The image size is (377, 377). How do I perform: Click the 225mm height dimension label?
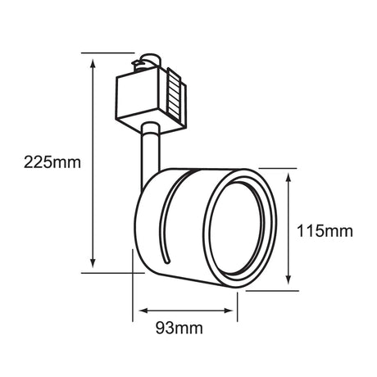tap(42, 162)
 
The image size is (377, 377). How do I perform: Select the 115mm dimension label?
tap(324, 231)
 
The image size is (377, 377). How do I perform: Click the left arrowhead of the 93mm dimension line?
tap(142, 311)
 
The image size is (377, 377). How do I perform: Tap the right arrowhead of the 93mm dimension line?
tap(233, 311)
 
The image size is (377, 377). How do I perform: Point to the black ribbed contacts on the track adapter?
tap(174, 93)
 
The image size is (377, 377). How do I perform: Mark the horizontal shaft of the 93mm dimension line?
tap(187, 311)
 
